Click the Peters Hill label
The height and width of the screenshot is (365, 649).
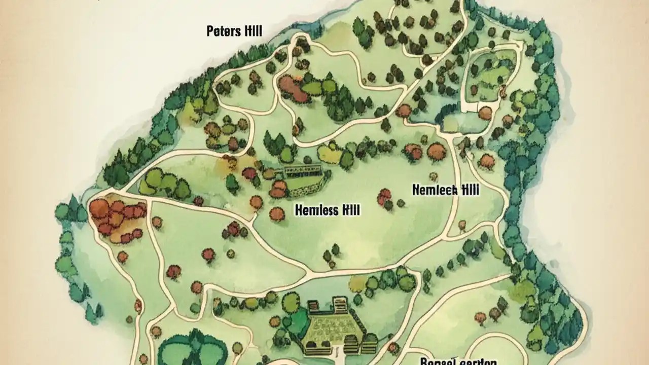(x=234, y=31)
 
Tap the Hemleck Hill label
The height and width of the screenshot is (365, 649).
(x=446, y=190)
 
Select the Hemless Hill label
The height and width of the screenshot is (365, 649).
(x=327, y=209)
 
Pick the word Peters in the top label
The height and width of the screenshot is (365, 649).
(x=224, y=31)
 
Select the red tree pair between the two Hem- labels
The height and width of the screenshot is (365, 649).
(x=385, y=196)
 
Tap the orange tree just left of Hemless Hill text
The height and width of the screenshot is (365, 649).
(x=277, y=214)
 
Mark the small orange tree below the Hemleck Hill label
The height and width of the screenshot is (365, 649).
(x=462, y=225)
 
